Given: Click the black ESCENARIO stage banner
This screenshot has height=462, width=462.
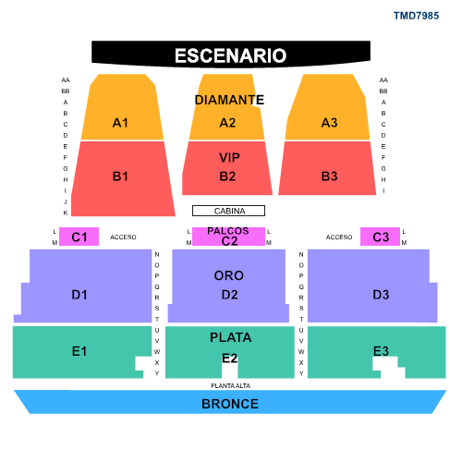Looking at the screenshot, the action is [x=231, y=55].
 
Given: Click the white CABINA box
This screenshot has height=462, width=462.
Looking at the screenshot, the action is [x=228, y=211].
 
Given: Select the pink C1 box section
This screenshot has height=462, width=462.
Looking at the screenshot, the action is [x=79, y=237].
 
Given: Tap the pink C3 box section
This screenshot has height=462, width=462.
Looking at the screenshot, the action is [x=380, y=237].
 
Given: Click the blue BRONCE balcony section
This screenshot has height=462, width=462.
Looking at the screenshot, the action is [x=230, y=402].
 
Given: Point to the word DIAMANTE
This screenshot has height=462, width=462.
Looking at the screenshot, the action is [x=229, y=100].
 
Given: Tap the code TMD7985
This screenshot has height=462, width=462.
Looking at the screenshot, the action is [x=416, y=16].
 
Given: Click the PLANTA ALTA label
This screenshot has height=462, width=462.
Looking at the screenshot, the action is [x=230, y=385].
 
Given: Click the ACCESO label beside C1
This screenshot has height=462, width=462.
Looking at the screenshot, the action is [x=123, y=237].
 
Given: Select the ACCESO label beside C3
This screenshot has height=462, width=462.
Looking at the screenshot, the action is [x=339, y=237].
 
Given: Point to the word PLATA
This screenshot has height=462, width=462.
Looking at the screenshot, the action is [x=230, y=337].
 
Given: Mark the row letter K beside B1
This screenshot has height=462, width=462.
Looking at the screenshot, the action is [x=66, y=213].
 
